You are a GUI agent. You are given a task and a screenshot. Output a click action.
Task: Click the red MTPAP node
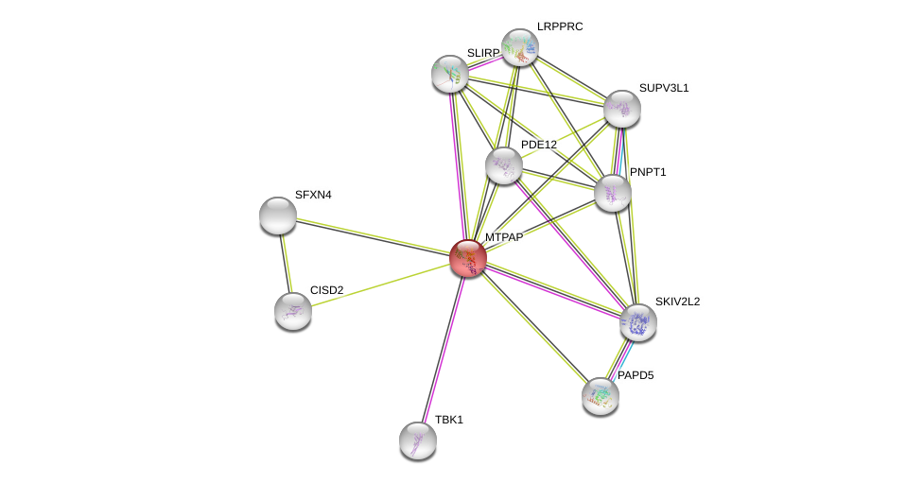click(468, 258)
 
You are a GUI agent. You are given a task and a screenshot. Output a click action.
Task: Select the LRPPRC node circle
click(520, 47)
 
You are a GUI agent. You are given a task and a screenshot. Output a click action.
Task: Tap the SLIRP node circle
click(450, 74)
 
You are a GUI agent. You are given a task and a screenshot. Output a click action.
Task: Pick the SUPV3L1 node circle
click(622, 109)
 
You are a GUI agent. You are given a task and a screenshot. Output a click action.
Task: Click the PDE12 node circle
click(504, 165)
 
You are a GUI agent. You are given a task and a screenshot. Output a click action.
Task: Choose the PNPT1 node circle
click(613, 193)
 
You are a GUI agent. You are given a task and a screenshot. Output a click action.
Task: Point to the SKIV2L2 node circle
click(638, 322)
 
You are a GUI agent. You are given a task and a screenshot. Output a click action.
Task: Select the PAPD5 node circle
click(601, 396)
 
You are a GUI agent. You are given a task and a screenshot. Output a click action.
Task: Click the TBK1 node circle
click(418, 440)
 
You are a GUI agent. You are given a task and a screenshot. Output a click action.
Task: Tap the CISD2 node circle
click(293, 311)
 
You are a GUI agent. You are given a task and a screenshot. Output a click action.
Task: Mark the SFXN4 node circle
click(278, 216)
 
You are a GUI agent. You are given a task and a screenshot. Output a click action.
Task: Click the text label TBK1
click(449, 420)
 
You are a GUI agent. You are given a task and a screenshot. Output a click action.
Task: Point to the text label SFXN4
click(313, 195)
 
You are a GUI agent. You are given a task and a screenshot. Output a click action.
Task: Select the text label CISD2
click(326, 290)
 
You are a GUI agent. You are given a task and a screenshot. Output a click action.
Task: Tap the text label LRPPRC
click(560, 26)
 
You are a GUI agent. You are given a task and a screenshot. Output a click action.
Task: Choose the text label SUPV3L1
click(664, 88)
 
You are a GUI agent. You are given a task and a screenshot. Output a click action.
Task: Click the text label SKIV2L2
click(677, 302)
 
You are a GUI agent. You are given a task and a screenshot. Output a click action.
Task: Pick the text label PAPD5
click(635, 375)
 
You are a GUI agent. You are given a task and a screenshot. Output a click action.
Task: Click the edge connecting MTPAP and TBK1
click(443, 350)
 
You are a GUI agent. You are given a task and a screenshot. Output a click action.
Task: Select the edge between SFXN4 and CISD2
click(286, 264)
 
